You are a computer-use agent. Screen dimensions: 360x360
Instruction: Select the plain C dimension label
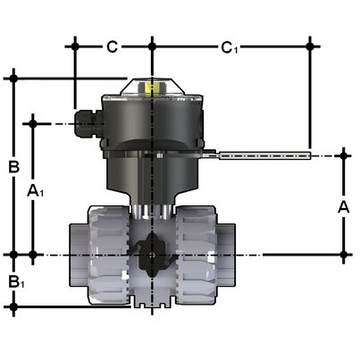(x=113, y=46)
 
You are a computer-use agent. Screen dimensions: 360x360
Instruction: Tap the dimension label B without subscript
(x=14, y=166)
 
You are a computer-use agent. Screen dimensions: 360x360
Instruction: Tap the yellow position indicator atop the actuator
(x=151, y=88)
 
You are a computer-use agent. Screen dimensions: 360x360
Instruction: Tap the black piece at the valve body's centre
(x=151, y=253)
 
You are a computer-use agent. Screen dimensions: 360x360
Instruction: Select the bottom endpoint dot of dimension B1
(x=14, y=307)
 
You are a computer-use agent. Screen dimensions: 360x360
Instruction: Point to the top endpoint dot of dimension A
(x=345, y=155)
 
